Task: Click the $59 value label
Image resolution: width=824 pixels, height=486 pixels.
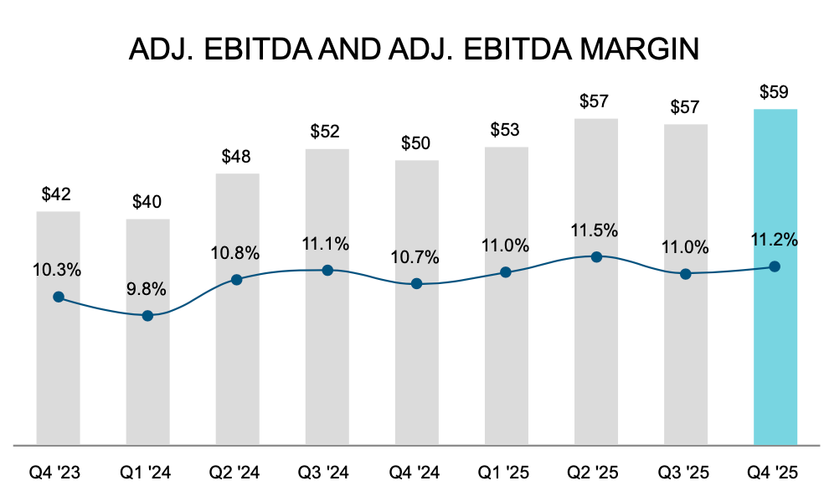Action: coord(775,92)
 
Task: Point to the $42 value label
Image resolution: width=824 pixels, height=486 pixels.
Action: coord(58,194)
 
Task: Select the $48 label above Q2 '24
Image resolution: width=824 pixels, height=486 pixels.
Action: coord(237,157)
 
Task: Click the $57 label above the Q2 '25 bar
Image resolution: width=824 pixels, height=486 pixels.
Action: coord(595,101)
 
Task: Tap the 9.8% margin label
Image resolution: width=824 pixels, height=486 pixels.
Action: coord(147,290)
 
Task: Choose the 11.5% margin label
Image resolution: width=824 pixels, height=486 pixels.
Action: coord(595,230)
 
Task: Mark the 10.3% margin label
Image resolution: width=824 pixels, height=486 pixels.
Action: coord(58,270)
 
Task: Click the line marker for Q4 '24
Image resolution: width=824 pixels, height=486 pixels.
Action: coord(416,284)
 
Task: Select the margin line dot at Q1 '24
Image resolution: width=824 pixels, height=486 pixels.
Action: coord(147,316)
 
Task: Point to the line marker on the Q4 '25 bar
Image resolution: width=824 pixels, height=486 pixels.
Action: coord(775,266)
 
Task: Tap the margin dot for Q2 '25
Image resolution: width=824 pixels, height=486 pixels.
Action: coord(595,256)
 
